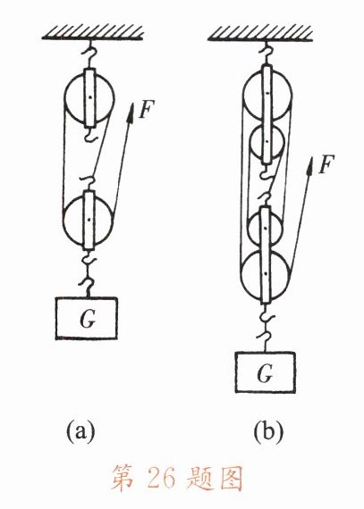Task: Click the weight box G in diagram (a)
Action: coord(86,318)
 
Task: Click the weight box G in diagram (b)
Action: coord(266,372)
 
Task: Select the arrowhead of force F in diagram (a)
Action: coord(131,113)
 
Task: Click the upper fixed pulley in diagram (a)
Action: coord(89,97)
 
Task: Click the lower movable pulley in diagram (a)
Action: coord(89,220)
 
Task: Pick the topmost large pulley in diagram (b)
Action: coord(267,93)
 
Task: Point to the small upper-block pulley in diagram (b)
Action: coord(267,142)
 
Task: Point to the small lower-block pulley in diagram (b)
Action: coord(266,227)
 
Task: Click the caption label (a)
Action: coord(80,432)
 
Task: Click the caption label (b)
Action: coord(268,432)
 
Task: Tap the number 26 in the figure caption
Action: coord(162,478)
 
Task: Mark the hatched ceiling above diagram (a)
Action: coord(93,33)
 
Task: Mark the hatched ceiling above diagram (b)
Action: coord(260,34)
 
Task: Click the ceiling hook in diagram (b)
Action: coord(267,54)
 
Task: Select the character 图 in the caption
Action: coord(232,479)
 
